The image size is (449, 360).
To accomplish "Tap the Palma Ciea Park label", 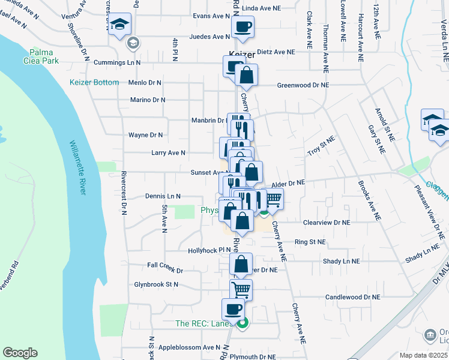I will coord(44,56).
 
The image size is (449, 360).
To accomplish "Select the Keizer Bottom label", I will coord(94,82).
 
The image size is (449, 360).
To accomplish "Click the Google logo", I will coord(20,353).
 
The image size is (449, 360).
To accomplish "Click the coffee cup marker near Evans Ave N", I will coord(243,27).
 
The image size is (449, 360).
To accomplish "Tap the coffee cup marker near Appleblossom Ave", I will coord(233,310).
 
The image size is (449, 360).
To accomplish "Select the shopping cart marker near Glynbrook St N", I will coord(241,290).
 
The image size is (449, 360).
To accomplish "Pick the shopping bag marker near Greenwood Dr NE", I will coord(246,76).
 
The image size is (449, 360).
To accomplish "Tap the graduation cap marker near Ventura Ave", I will coord(120,25).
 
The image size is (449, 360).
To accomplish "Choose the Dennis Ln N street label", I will coord(163,196).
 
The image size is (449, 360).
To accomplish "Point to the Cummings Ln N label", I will coord(117,62).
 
